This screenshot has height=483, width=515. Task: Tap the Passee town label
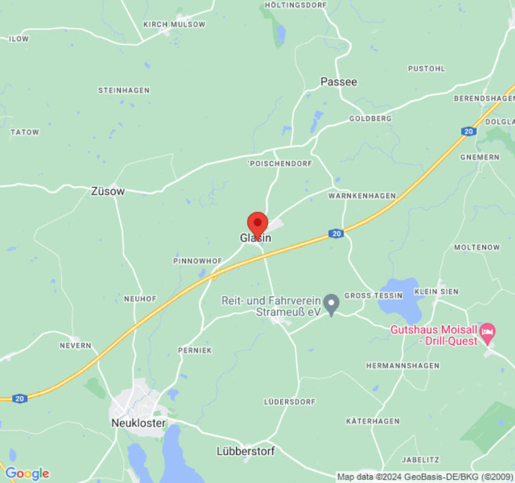pyautogui.click(x=339, y=82)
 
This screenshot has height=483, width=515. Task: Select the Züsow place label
pyautogui.click(x=107, y=191)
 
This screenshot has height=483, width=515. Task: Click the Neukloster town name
pyautogui.click(x=138, y=423)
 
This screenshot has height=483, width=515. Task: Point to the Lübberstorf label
pyautogui.click(x=246, y=451)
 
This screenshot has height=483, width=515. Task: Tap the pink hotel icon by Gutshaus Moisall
pyautogui.click(x=487, y=331)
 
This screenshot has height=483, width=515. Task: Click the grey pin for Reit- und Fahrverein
pyautogui.click(x=331, y=304)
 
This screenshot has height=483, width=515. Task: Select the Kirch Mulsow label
pyautogui.click(x=174, y=25)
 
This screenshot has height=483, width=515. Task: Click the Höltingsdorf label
pyautogui.click(x=296, y=5)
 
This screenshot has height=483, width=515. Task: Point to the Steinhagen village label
pyautogui.click(x=124, y=91)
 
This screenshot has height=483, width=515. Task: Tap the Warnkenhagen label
pyautogui.click(x=362, y=196)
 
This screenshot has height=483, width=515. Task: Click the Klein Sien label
pyautogui.click(x=437, y=291)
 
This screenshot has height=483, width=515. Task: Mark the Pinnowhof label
pyautogui.click(x=197, y=261)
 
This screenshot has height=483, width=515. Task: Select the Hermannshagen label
pyautogui.click(x=403, y=366)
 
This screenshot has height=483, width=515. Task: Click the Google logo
pyautogui.click(x=27, y=473)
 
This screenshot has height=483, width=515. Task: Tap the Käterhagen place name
pyautogui.click(x=373, y=421)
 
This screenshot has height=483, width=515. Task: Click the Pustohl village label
pyautogui.click(x=426, y=69)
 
